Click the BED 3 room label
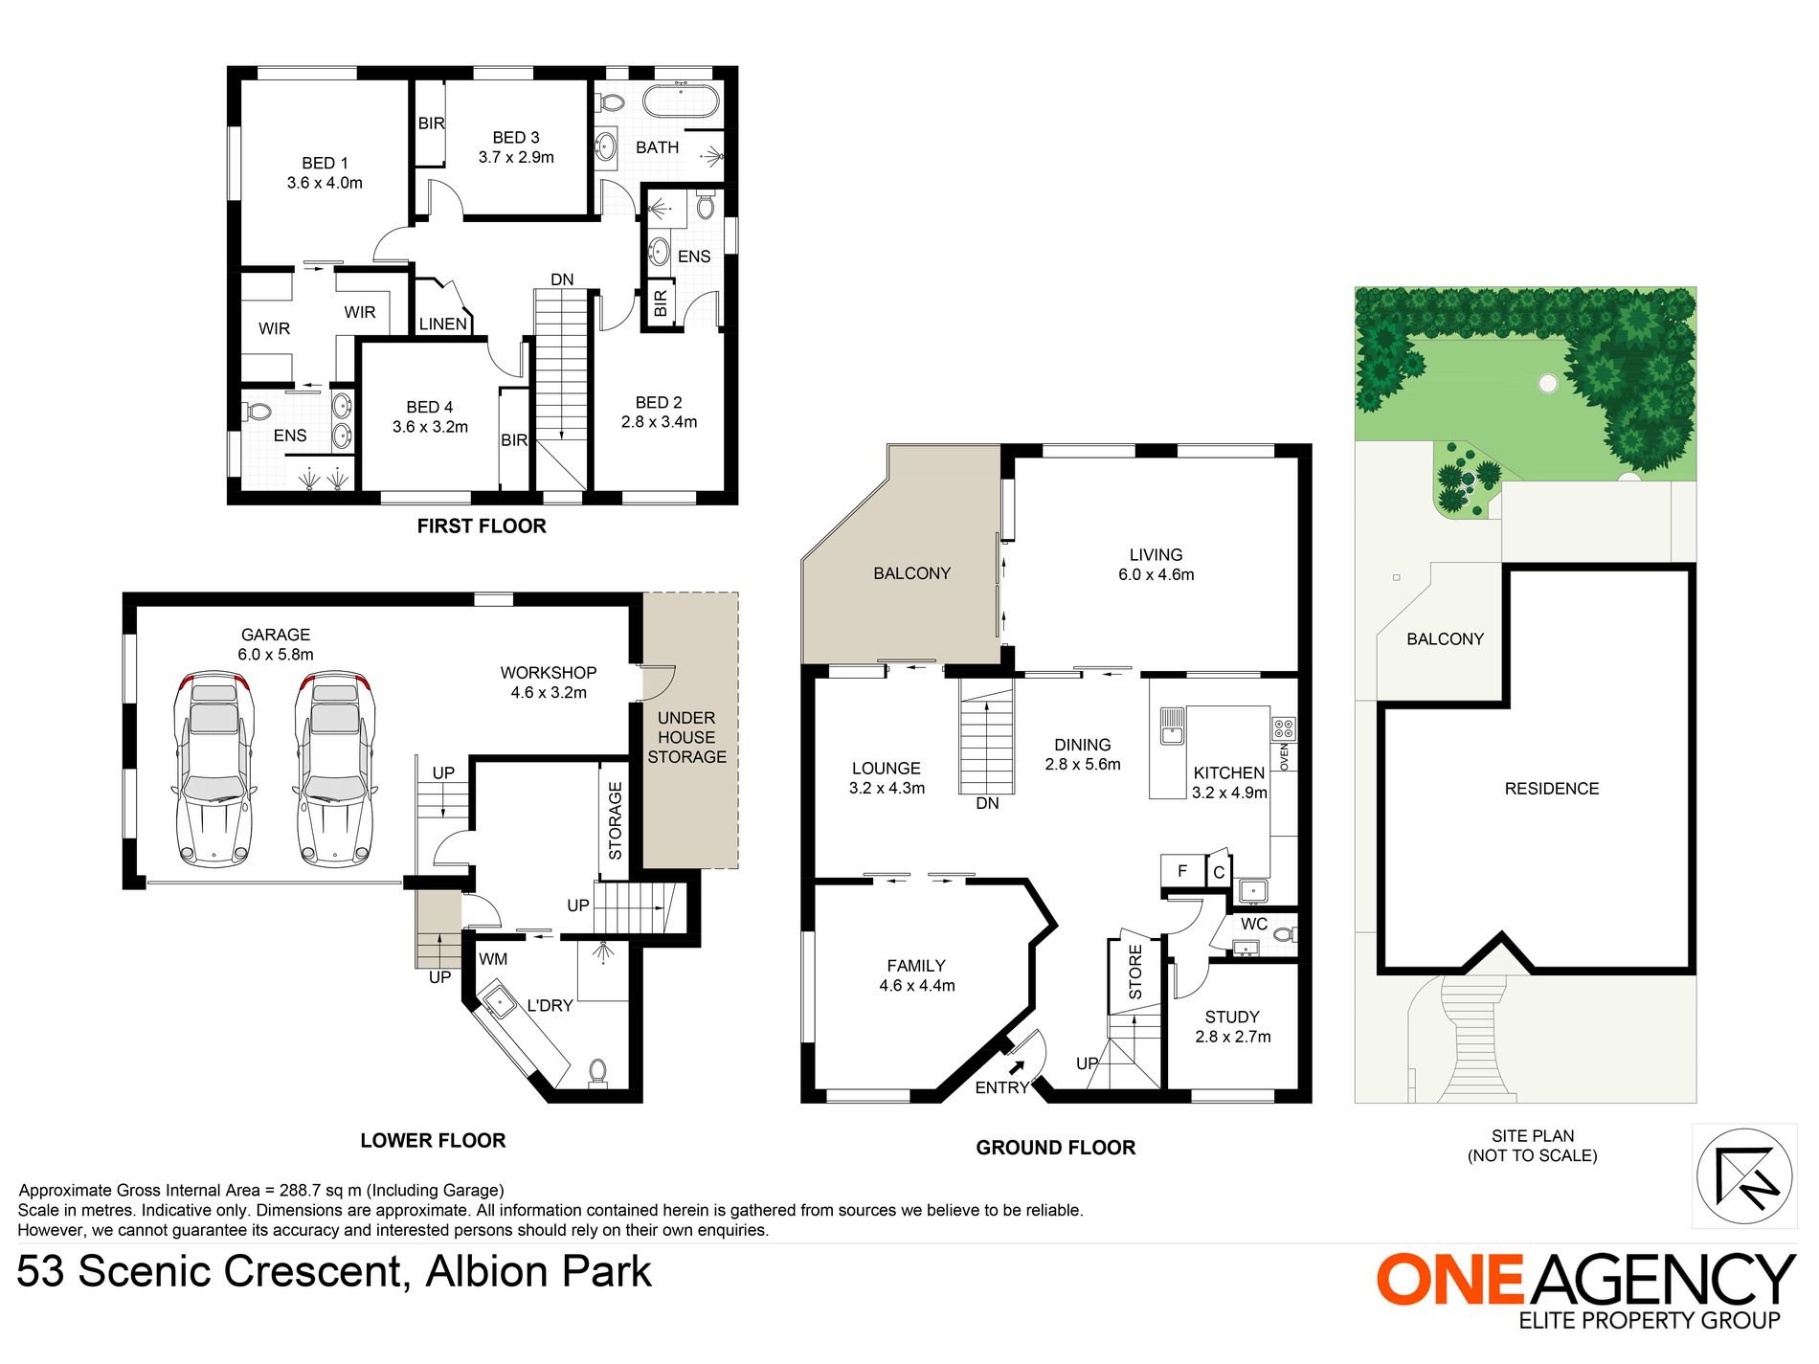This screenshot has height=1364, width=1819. (x=516, y=147)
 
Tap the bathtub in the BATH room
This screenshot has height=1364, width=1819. (x=680, y=100)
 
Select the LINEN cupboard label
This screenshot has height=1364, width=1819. (x=442, y=324)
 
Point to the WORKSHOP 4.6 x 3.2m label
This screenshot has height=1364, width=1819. (x=548, y=682)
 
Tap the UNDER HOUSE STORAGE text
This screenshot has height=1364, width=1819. (x=686, y=737)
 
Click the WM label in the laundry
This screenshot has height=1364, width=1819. (x=493, y=959)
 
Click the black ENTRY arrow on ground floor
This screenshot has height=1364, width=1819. (x=1017, y=1067)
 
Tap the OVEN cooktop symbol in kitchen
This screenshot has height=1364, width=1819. (x=1283, y=728)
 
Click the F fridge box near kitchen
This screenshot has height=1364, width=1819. (x=1182, y=871)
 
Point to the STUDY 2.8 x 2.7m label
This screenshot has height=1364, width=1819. (x=1232, y=1026)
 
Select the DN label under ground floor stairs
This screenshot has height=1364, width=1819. (x=987, y=804)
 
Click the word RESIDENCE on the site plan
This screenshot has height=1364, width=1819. (x=1551, y=789)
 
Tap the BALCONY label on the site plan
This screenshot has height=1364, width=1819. (x=1445, y=639)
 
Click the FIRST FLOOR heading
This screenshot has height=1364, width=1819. (x=482, y=526)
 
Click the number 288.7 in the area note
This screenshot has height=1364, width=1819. (x=301, y=1191)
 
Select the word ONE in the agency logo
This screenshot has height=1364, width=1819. (x=1448, y=1280)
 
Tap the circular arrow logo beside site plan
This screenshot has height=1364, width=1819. (x=1743, y=1175)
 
